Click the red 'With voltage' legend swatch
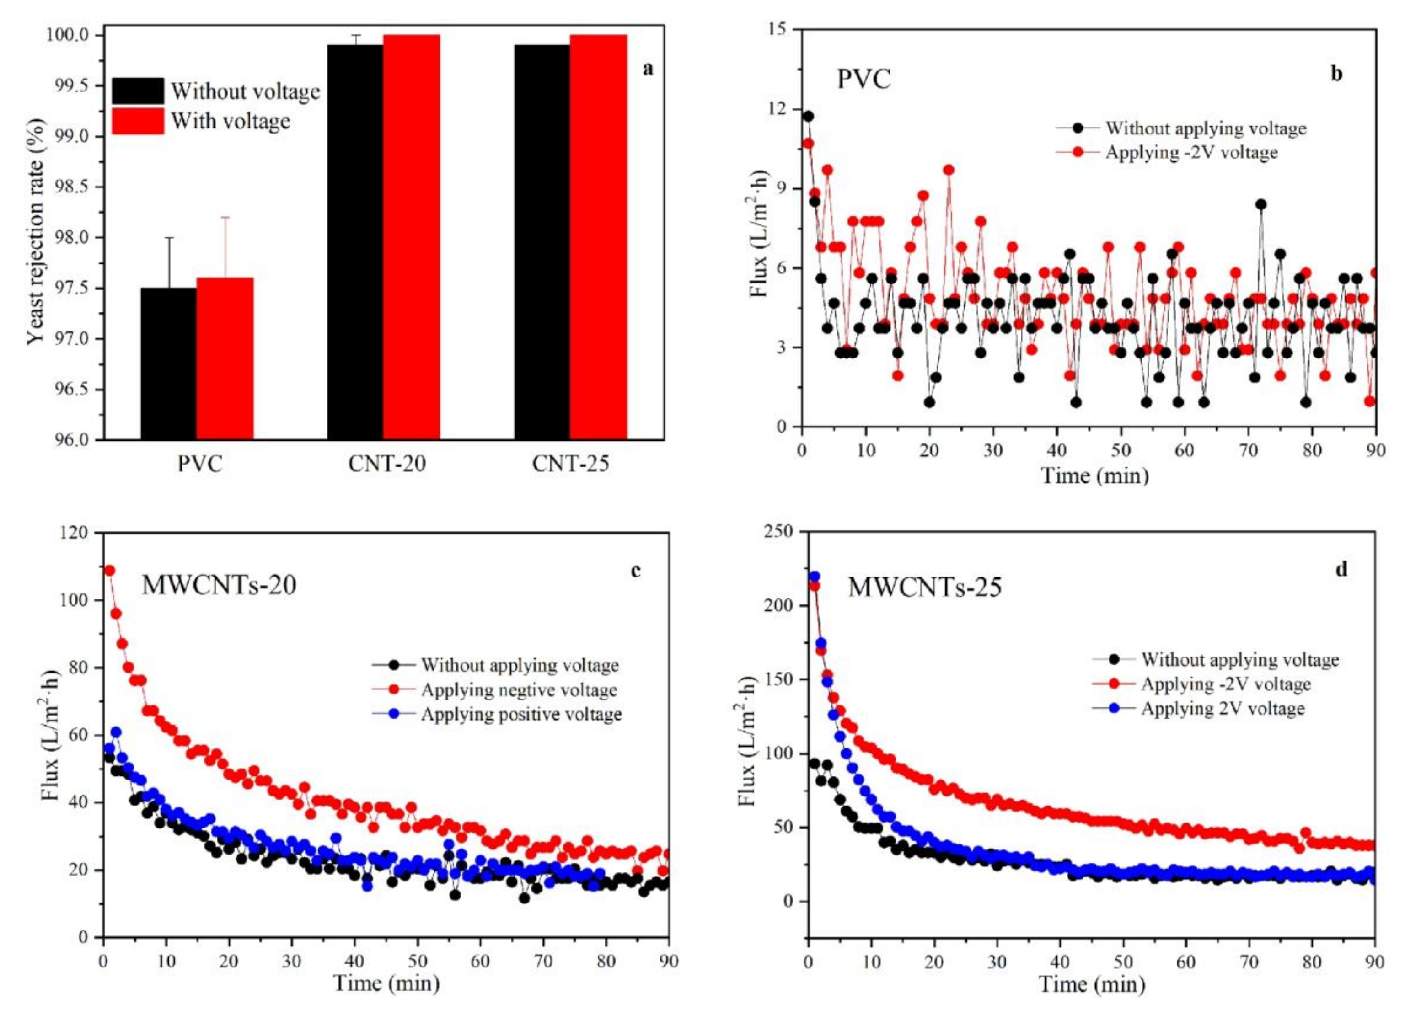138,121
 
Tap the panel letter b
1336,74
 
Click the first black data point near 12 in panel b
808,117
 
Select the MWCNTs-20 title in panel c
219,585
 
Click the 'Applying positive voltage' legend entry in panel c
521,714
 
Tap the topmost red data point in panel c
110,570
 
